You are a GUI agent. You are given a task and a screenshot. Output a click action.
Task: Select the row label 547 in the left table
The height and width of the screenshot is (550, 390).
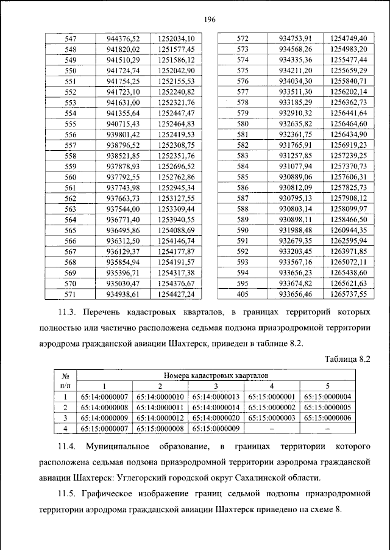point(71,38)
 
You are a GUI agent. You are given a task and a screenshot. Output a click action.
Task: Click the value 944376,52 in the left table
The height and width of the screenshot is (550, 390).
point(123,38)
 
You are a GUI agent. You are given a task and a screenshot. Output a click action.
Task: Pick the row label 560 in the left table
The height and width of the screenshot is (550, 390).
point(71,177)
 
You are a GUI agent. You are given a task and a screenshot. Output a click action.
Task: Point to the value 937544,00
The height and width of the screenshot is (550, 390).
point(123,209)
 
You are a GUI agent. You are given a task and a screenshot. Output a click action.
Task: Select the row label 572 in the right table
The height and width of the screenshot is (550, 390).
point(243,38)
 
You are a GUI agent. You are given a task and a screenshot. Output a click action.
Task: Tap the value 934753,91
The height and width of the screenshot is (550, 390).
point(296,38)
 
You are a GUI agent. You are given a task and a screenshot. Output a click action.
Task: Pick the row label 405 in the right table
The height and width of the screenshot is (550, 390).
point(243,294)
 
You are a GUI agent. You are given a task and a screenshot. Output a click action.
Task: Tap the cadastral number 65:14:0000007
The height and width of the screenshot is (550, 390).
point(104,397)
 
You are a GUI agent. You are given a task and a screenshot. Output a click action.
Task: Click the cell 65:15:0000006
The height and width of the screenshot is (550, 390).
point(327,418)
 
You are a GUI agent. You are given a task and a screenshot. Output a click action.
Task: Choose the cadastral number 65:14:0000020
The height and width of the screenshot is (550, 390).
point(216,418)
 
